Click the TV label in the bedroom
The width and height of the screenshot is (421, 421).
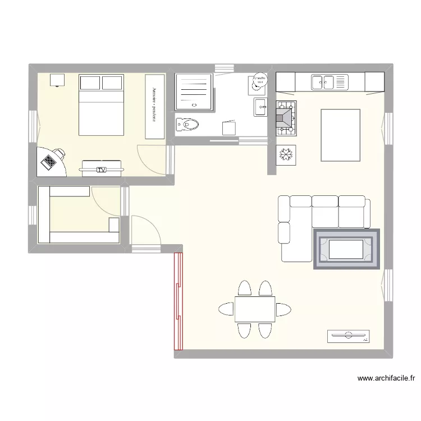101,169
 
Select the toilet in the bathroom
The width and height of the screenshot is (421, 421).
187,124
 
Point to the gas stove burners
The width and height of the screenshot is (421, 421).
286,118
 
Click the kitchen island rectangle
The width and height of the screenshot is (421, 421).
340,135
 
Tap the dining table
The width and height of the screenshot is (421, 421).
255,309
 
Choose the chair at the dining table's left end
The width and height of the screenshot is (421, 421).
226,309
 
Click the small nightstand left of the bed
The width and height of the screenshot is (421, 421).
57,80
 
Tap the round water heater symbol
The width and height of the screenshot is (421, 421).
259,83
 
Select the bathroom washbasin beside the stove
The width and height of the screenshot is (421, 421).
260,107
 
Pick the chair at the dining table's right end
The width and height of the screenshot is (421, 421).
284,309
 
